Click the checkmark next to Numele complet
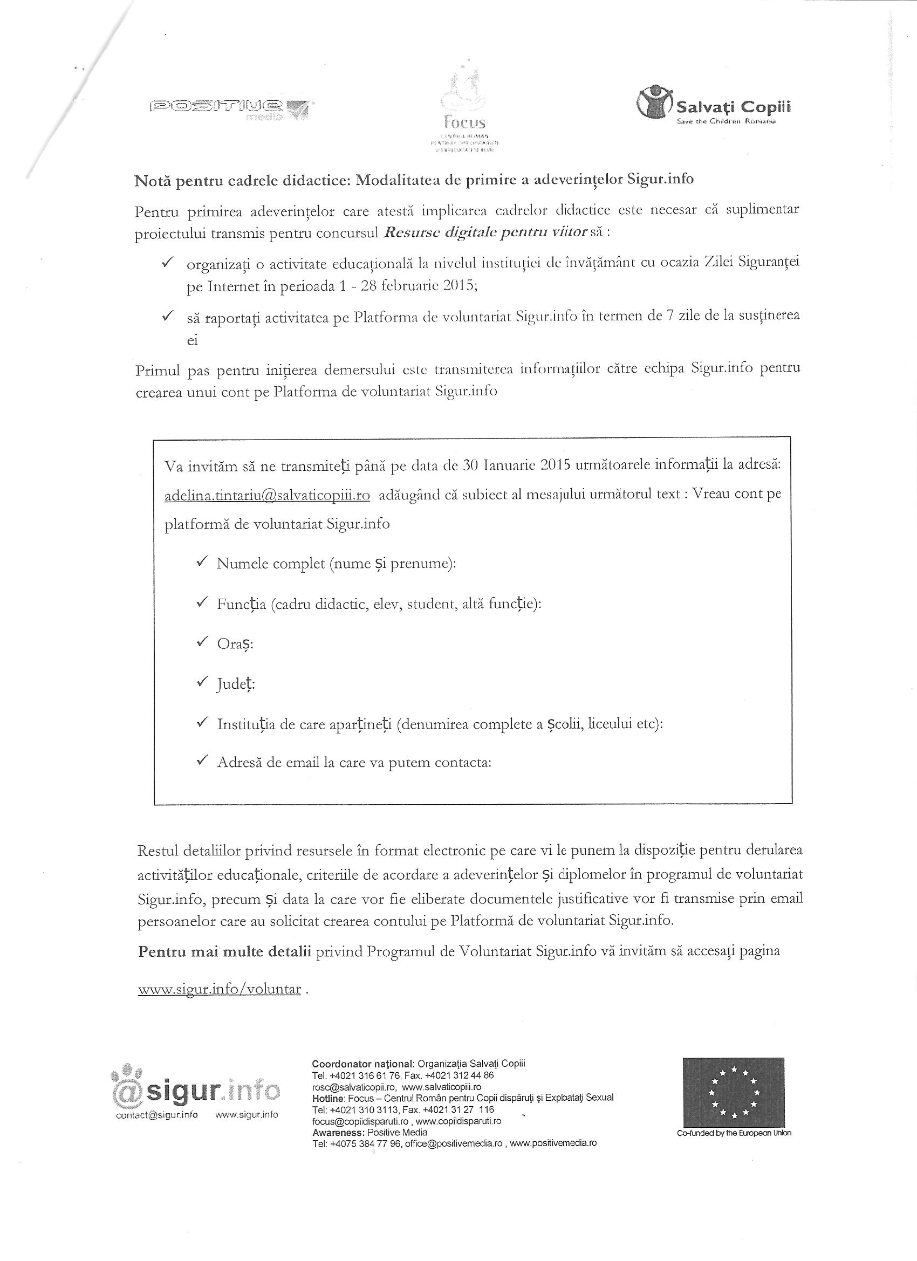[202, 562]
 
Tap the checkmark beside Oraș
[202, 642]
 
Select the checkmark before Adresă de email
[202, 760]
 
